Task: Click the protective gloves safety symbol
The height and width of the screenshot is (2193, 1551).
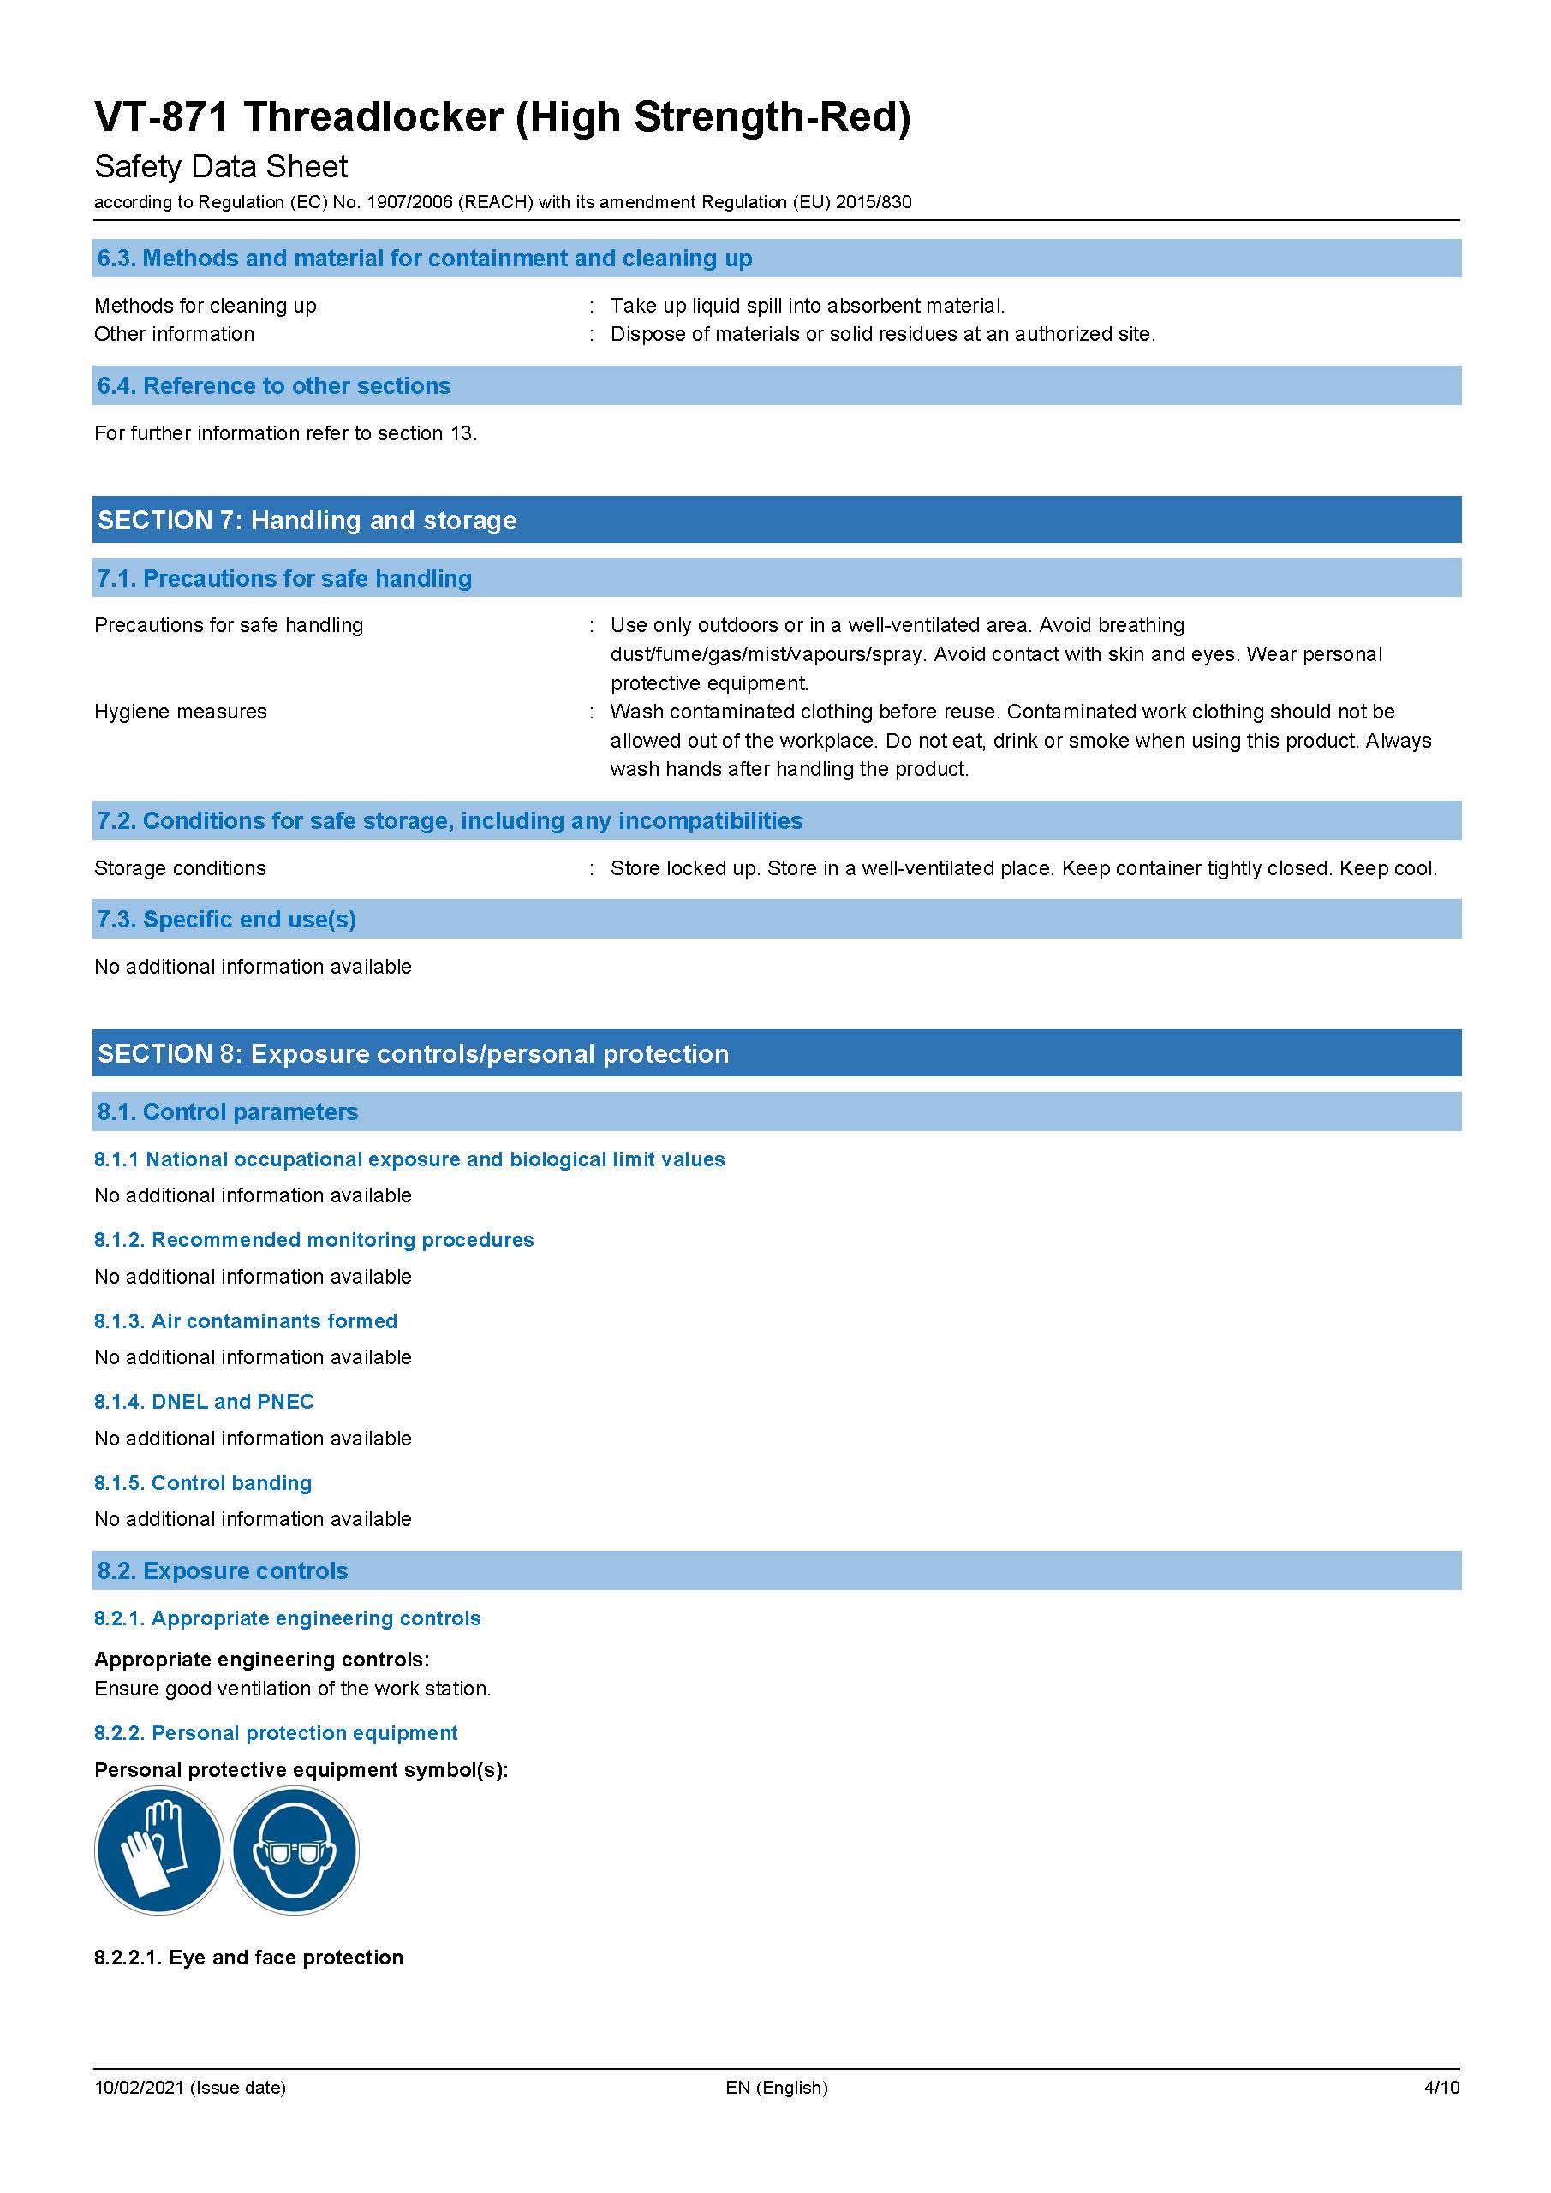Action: pos(158,1850)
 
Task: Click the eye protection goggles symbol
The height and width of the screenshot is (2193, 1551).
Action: pos(295,1850)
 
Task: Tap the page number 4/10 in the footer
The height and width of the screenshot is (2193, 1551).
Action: pos(1441,2087)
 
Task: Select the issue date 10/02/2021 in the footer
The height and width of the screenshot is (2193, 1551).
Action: pos(190,2087)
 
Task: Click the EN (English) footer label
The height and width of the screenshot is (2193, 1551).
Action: pos(777,2087)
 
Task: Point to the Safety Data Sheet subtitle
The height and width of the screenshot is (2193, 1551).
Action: pos(221,166)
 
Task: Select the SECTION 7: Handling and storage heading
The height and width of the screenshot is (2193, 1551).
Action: pos(307,520)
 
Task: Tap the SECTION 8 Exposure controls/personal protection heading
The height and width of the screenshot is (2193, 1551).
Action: pos(414,1053)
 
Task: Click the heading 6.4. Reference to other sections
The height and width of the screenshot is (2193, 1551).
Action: pos(274,386)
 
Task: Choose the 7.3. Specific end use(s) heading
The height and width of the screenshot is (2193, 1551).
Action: pos(226,919)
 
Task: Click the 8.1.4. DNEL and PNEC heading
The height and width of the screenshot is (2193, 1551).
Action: pos(204,1401)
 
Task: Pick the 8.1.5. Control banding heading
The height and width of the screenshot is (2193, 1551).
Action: pos(202,1482)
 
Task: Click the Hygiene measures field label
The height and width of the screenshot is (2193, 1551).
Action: pos(181,712)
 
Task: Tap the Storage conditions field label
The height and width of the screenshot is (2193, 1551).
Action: pos(181,868)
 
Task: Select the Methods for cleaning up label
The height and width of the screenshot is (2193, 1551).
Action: pos(206,306)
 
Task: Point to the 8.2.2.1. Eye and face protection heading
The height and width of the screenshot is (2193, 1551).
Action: pos(248,1957)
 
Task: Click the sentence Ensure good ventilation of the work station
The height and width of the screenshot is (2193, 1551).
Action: pos(292,1688)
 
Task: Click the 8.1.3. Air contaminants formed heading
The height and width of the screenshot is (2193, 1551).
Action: pos(246,1321)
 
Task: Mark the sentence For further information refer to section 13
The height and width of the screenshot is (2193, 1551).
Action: pos(285,433)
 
